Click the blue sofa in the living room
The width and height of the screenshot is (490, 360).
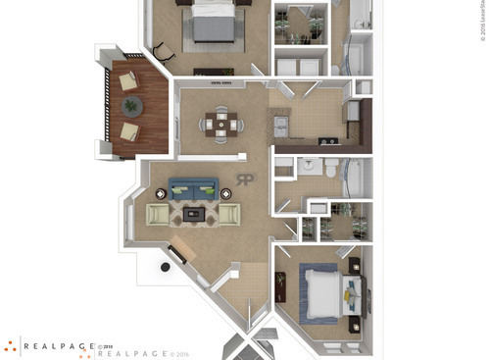click(193, 187)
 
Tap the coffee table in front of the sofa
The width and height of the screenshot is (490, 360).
click(193, 213)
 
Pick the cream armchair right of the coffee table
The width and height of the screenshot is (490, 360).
click(228, 214)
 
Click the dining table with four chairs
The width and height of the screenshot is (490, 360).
click(221, 124)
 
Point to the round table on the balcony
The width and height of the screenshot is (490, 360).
click(130, 106)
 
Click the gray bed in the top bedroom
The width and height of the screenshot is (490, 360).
click(214, 22)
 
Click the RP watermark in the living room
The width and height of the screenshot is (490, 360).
click(245, 180)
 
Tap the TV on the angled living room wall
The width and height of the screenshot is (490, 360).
click(177, 257)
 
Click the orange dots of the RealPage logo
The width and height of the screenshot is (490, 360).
click(9, 346)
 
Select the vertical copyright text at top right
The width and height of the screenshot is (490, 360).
click(482, 20)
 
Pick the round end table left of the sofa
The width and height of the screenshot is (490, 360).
click(161, 193)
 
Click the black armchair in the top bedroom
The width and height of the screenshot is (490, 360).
click(164, 46)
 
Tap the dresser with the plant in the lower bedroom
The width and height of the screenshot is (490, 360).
click(280, 286)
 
